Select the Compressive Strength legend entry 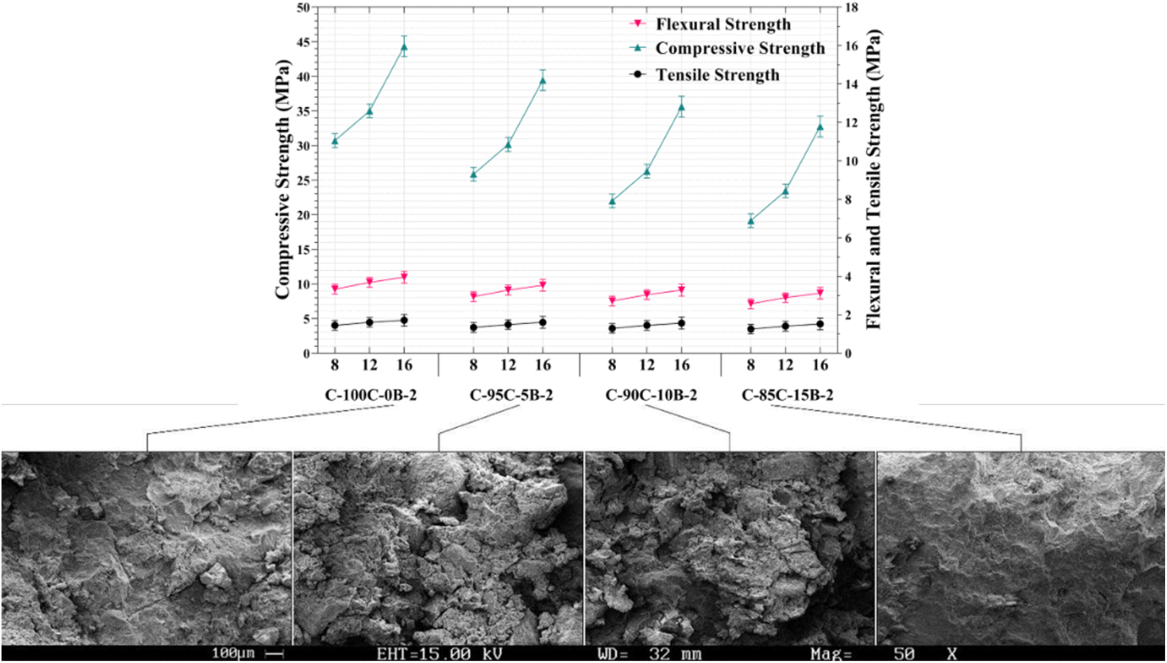[727, 48]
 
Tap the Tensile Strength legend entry [705, 75]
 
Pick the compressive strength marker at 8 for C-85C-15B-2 [751, 220]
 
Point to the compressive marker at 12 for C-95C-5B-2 [508, 144]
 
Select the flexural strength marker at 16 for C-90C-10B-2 [682, 290]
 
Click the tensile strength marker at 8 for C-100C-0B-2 [335, 325]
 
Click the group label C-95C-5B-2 [511, 396]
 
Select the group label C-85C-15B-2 [787, 396]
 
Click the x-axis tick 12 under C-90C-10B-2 [647, 365]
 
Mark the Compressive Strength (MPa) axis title [283, 179]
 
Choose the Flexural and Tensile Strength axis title [874, 179]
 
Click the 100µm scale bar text [233, 654]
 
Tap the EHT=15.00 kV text [439, 654]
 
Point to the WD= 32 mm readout [650, 654]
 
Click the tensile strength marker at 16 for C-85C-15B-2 [820, 324]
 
